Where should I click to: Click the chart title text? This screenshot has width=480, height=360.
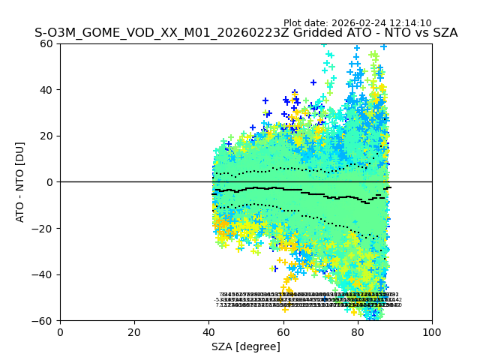[246, 33]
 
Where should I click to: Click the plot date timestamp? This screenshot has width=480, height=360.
[357, 23]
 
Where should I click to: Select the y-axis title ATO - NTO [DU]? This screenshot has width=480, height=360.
[21, 182]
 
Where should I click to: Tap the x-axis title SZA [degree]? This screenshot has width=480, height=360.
[246, 346]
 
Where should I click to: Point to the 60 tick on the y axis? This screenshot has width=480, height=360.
[46, 43]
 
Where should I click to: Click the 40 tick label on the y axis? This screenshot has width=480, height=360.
[46, 90]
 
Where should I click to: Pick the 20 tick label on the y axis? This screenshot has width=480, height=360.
[46, 136]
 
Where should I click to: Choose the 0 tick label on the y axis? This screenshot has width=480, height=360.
[49, 182]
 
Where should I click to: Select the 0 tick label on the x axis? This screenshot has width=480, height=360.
[60, 331]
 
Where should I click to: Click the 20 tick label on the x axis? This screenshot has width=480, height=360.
[134, 331]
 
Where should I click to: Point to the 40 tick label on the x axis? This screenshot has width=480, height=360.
[208, 331]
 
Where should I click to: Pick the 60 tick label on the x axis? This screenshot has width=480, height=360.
[283, 331]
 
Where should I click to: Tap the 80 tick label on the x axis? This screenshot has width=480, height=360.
[358, 331]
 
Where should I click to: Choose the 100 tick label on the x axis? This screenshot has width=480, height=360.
[432, 331]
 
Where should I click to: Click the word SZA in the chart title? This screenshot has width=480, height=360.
[443, 33]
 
